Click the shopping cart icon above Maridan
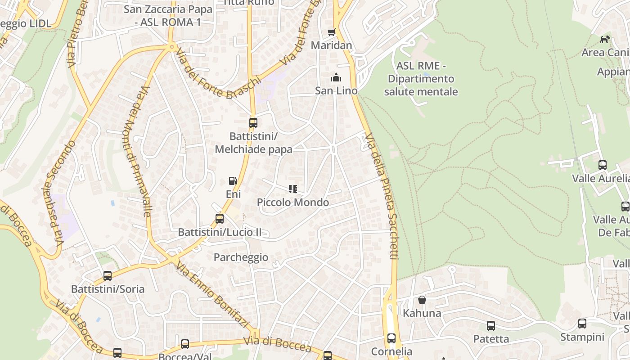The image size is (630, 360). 332,32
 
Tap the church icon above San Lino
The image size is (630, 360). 336,78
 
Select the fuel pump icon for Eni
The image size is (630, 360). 233,181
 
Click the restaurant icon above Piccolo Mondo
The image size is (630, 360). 293,189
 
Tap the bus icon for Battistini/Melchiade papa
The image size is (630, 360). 253,122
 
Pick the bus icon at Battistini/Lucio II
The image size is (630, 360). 220,219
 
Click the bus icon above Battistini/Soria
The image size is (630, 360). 108,275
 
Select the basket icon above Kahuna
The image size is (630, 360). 422,300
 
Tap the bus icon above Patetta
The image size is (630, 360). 491,325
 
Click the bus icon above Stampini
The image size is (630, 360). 582,323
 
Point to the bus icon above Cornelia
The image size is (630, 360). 391,338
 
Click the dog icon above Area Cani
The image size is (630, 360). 605,39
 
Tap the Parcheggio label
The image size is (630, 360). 241,257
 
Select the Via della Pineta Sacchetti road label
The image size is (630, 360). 382,196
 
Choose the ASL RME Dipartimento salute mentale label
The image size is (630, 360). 421,79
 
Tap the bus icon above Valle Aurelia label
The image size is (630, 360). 603,165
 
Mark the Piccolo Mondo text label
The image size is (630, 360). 293,202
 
